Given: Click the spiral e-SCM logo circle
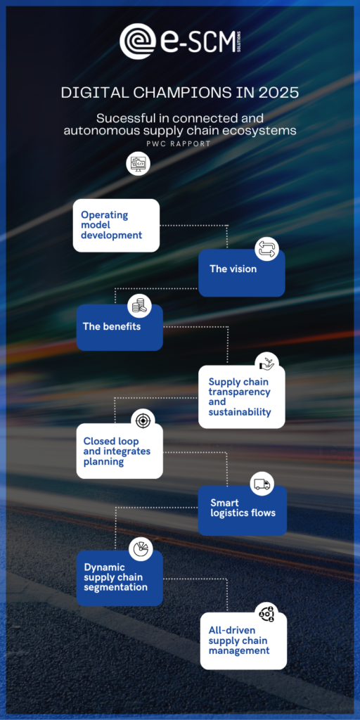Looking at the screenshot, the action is (x=137, y=41).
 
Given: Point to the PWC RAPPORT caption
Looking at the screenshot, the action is (x=180, y=143).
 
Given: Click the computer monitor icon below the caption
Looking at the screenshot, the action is (x=139, y=163).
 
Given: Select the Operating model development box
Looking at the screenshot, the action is (x=116, y=226).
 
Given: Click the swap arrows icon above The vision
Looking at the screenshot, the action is (x=266, y=249).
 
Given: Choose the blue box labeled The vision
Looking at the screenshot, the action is (x=242, y=273).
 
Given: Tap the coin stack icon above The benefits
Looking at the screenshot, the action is (x=139, y=305).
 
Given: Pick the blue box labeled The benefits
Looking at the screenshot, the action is (x=120, y=328).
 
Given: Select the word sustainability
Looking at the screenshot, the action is (x=240, y=412).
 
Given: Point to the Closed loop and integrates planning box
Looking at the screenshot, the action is (x=120, y=451).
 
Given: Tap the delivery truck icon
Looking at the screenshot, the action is (x=262, y=484).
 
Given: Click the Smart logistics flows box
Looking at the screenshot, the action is (x=243, y=510).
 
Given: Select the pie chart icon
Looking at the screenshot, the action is (x=141, y=548).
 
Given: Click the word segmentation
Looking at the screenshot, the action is (x=116, y=587).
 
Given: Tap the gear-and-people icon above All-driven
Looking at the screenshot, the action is (x=266, y=614).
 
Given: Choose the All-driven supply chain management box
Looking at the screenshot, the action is (x=243, y=641).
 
